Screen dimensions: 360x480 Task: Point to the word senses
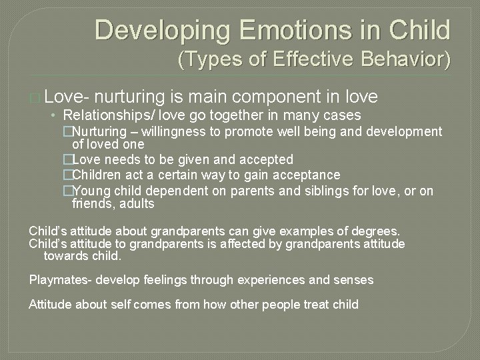tap(355, 280)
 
